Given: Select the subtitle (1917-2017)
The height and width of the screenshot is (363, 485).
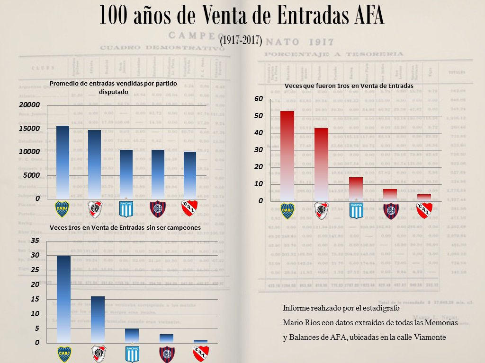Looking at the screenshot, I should coord(241,40).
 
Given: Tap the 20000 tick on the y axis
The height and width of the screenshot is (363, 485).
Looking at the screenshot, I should coord(29,105).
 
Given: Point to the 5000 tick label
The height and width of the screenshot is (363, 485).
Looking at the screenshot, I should coord(32,175).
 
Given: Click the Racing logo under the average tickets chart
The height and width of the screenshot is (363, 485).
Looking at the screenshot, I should coord(126,209).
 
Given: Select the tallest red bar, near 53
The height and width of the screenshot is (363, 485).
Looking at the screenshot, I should coord(287,156).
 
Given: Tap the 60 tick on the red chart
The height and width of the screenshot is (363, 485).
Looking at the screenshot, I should coord(258,99).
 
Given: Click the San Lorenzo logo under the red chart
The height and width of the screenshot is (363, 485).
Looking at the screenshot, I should coord(390,211).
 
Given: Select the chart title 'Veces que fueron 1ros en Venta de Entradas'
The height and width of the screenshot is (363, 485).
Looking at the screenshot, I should coord(349,86).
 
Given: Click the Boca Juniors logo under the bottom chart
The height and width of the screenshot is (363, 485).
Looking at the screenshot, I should coord(64,354).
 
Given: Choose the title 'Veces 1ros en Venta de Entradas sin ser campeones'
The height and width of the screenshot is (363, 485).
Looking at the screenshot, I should coord(125,228).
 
